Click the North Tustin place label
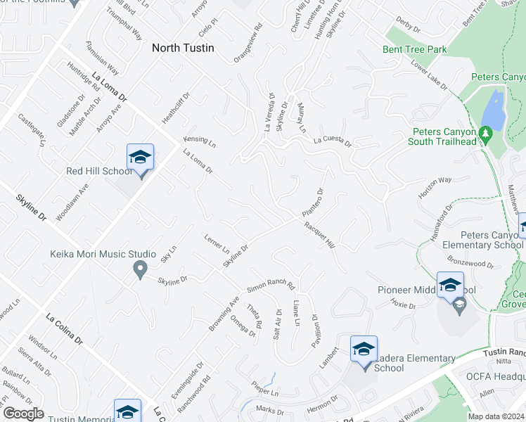point(183,49)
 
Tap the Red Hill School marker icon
point(140,158)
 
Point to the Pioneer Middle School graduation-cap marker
point(450,286)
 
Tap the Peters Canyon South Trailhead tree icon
point(485,132)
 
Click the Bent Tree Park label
point(415,50)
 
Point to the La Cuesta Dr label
point(332,141)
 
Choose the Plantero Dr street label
point(312,203)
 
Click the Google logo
point(23,414)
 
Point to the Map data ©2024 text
point(496,416)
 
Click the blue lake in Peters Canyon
point(494,112)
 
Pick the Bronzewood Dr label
point(472,262)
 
